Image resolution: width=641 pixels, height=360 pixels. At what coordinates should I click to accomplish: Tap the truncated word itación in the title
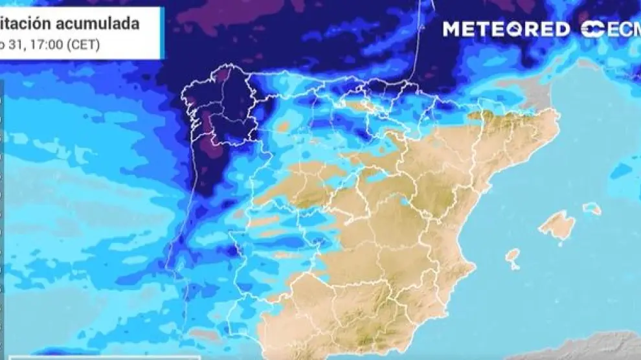[x=26, y=24]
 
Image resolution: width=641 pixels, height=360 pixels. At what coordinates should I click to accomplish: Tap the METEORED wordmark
[x=506, y=29]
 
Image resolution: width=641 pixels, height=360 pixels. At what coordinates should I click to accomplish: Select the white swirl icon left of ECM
[x=593, y=29]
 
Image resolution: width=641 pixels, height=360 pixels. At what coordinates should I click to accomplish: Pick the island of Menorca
[x=591, y=208]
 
